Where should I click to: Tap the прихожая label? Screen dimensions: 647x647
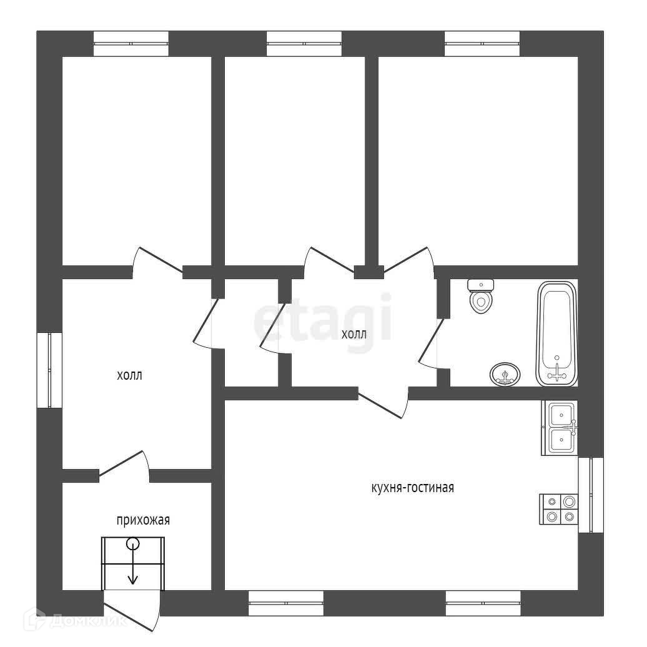click(143, 520)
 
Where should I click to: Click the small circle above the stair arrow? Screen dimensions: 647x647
click(132, 544)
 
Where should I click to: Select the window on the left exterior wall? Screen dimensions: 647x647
click(49, 370)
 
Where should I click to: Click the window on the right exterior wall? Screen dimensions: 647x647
click(591, 495)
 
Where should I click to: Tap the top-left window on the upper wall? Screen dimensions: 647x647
click(131, 43)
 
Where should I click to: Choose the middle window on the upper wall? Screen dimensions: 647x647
click(304, 43)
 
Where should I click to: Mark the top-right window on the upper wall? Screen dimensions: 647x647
click(482, 43)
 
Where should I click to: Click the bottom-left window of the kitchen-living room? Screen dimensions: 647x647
click(286, 603)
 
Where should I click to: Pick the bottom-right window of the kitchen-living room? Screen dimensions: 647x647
click(483, 603)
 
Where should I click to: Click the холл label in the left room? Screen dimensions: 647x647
click(129, 376)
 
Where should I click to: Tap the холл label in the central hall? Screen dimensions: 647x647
click(354, 335)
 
